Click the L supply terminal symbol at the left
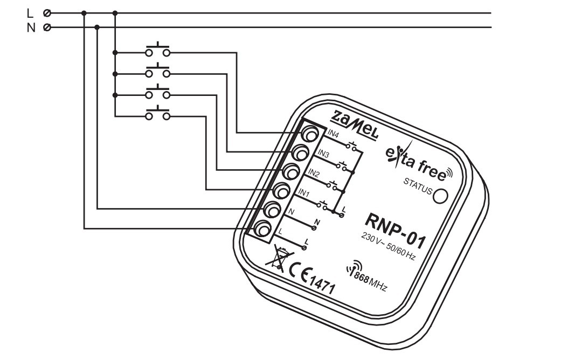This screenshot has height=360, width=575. (47, 13)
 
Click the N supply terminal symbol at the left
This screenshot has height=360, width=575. (47, 27)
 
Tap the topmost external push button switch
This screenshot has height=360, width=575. (158, 50)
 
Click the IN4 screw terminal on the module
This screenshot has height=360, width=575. (310, 134)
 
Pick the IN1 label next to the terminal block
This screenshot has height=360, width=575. (304, 192)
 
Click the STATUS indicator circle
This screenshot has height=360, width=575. (440, 196)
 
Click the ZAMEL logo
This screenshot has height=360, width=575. (354, 124)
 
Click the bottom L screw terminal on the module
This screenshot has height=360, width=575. (262, 230)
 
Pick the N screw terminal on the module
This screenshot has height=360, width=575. (272, 210)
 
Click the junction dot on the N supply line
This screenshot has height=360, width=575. (97, 27)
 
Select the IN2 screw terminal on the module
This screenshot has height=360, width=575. (291, 171)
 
